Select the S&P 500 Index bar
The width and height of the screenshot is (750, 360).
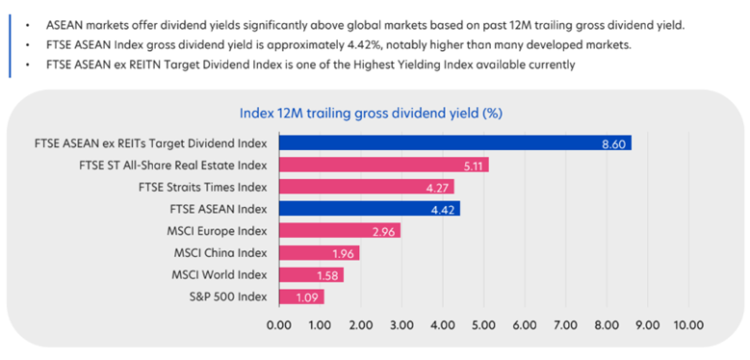point(300,296)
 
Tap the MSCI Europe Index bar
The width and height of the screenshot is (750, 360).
point(339,231)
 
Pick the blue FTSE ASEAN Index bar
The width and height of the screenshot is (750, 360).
point(369,209)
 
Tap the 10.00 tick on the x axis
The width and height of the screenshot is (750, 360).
point(688,325)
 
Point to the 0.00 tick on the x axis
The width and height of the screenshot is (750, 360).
point(279,325)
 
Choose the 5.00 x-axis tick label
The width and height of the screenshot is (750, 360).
point(483,325)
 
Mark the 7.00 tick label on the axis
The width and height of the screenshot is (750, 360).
point(565,325)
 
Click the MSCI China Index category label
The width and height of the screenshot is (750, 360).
point(220,253)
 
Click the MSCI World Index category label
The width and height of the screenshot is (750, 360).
point(220,275)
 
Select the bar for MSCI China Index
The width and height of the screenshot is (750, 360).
point(319,253)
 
